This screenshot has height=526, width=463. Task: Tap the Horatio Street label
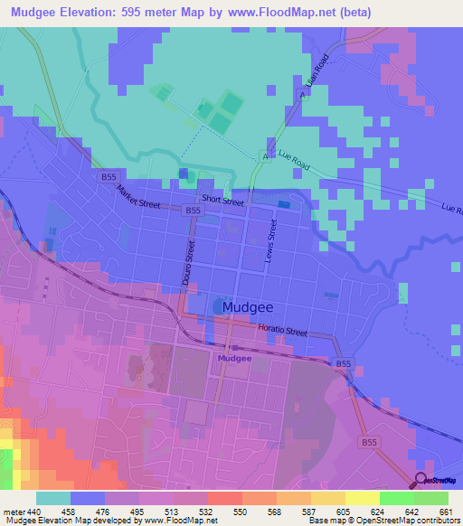(x=282, y=331)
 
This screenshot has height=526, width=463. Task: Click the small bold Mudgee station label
(x=233, y=359)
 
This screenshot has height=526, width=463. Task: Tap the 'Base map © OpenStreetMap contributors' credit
(x=382, y=521)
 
